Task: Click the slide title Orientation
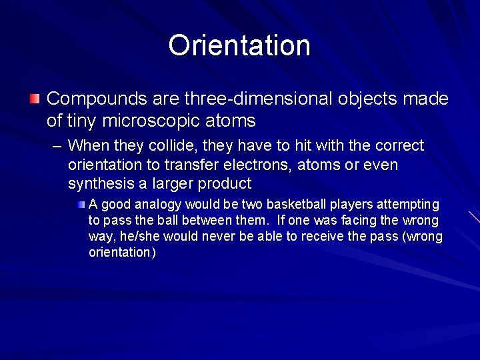point(239,46)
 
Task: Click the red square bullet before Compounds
point(35,99)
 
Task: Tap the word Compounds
point(97,99)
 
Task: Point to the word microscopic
point(150,121)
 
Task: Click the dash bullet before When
point(57,146)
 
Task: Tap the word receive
point(317,237)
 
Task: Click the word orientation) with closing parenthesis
point(122,253)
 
